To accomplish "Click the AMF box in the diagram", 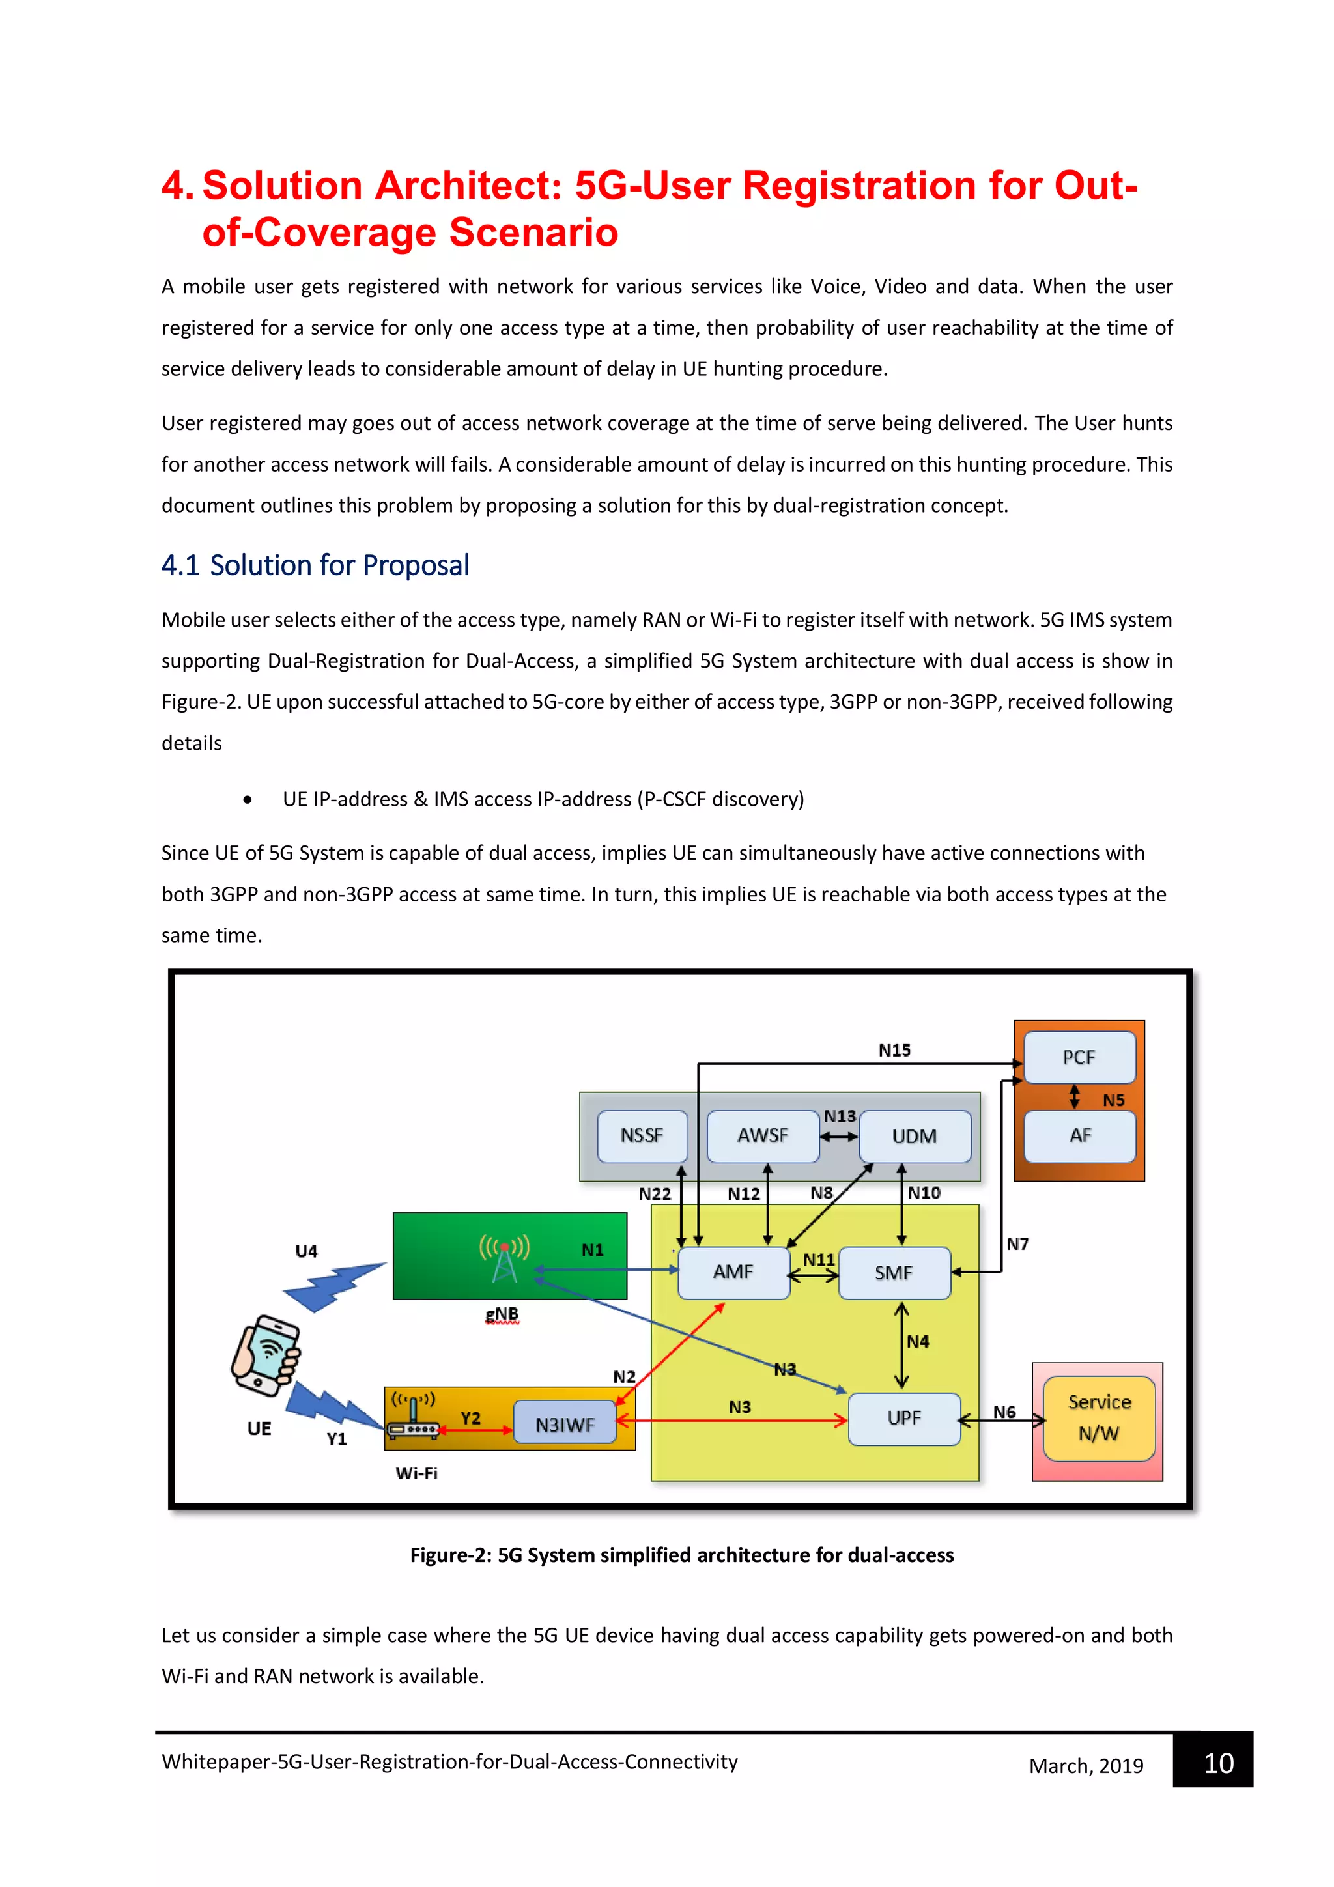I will tap(733, 1272).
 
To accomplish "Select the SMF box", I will tap(894, 1273).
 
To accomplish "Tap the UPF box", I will tap(903, 1419).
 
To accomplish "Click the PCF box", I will tap(1079, 1058).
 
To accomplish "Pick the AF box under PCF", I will tap(1079, 1136).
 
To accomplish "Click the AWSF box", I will tap(762, 1136).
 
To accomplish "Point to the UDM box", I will tap(914, 1137).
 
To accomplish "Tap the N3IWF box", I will tap(565, 1425).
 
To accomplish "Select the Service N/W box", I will tap(1098, 1419).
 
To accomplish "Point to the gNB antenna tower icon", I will tap(505, 1259).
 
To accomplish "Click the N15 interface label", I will tap(894, 1051).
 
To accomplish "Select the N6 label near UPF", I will tap(1004, 1412).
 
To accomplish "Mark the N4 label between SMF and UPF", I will tap(917, 1342).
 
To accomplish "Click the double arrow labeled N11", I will tap(813, 1277).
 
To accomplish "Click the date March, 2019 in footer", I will tap(1086, 1766).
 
